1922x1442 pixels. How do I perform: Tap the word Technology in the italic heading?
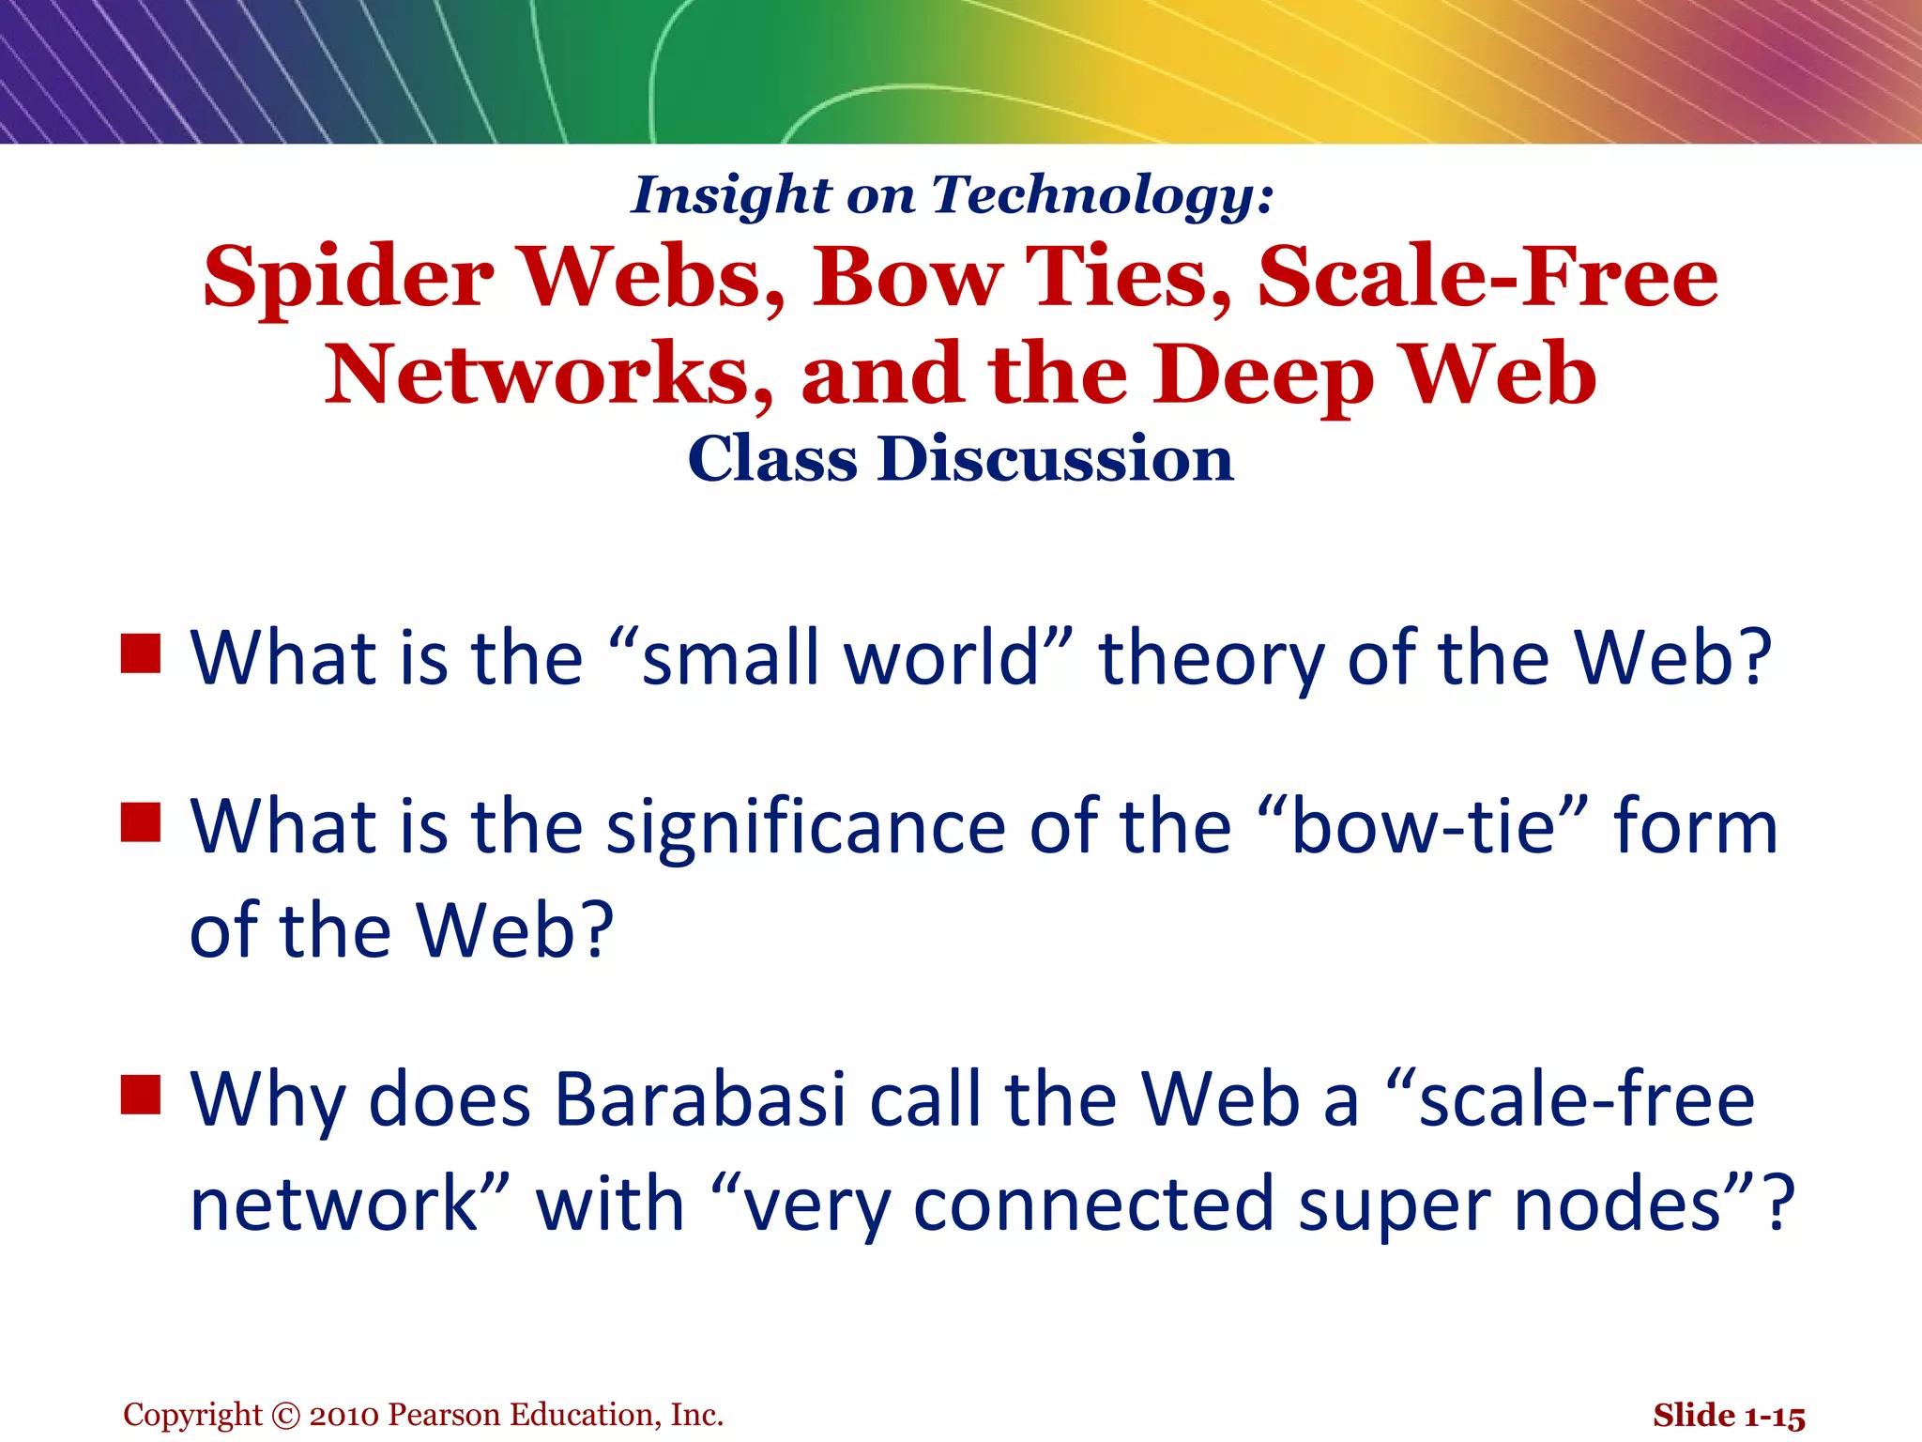click(x=1104, y=195)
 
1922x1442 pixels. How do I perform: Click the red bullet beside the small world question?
click(x=141, y=654)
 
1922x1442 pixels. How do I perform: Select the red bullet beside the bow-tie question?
click(x=141, y=822)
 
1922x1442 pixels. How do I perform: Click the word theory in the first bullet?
click(x=1212, y=660)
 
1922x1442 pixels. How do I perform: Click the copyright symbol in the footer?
click(x=285, y=1416)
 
